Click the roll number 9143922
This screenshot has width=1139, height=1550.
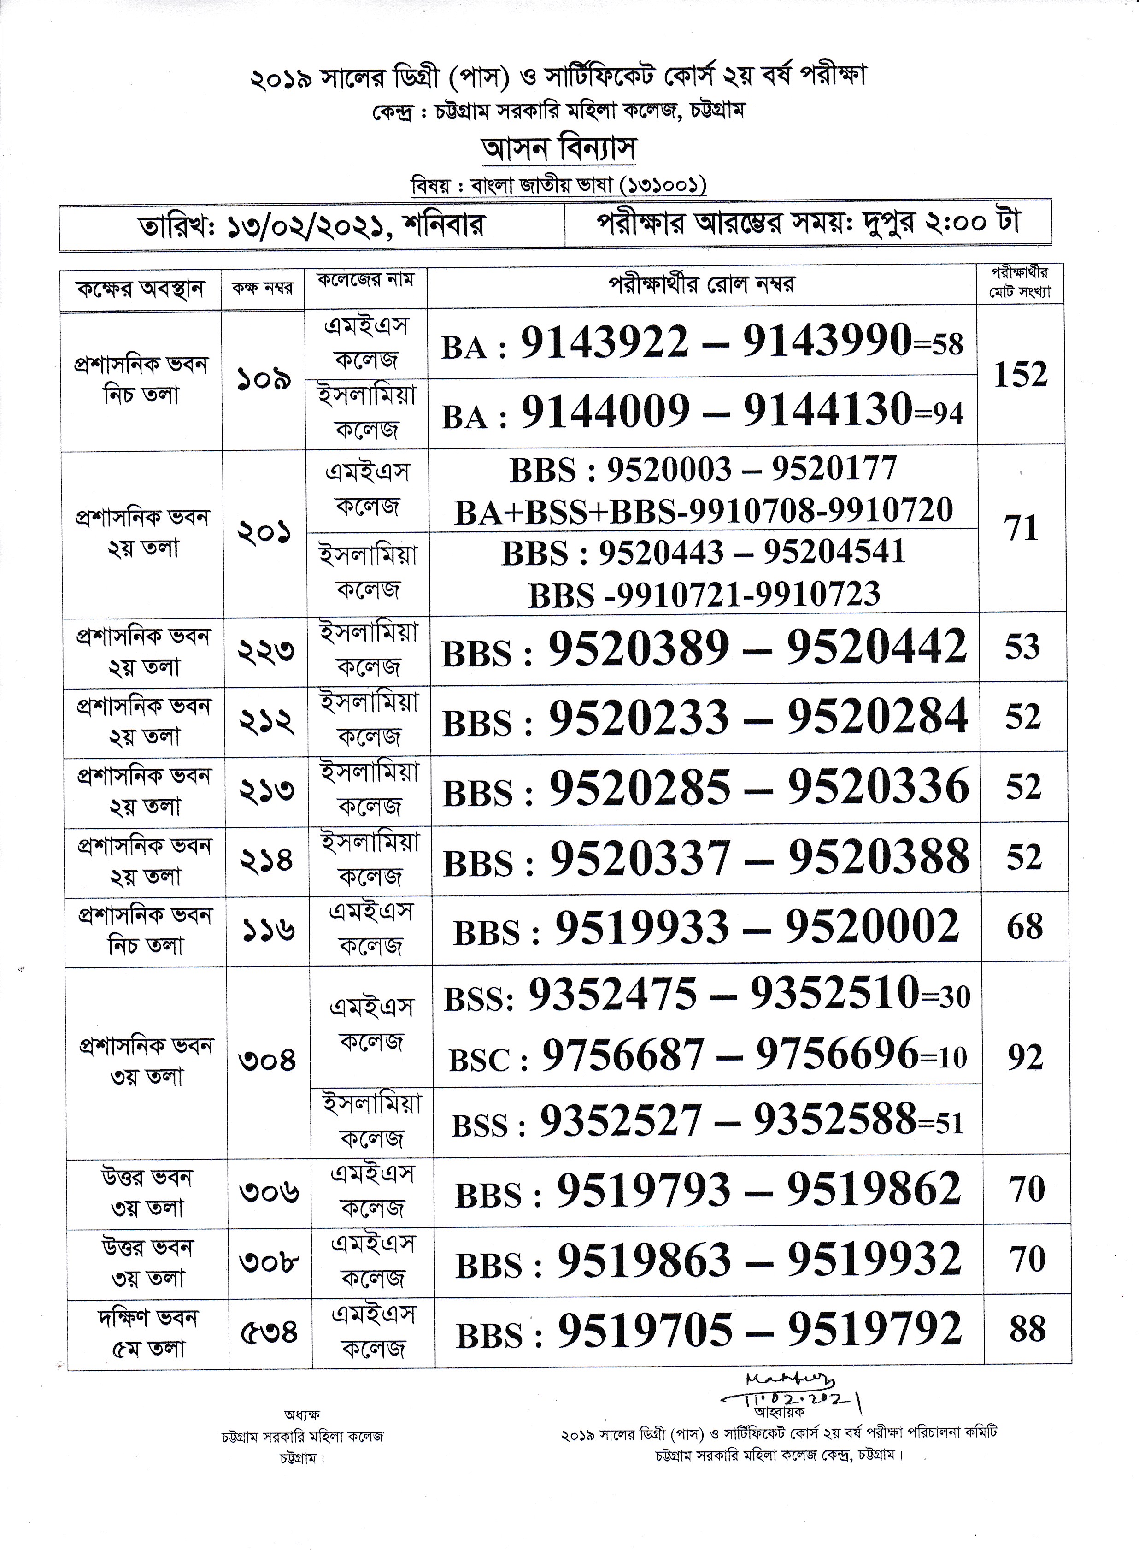[x=604, y=342]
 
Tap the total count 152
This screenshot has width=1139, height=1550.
[x=1021, y=375]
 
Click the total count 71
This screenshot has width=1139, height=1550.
[x=1022, y=529]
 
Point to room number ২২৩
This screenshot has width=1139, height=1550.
[x=266, y=649]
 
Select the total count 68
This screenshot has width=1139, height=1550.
[x=1025, y=927]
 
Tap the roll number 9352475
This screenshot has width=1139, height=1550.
[x=613, y=995]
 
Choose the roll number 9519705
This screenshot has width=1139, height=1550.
[x=645, y=1329]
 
